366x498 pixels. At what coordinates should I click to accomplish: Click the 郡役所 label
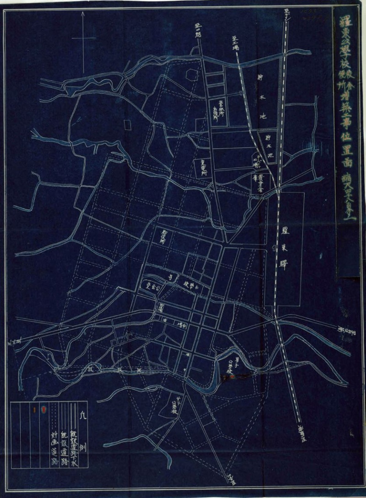pos(162,236)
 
